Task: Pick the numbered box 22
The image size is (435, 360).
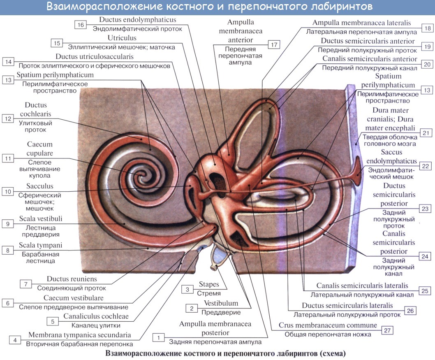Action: (425, 166)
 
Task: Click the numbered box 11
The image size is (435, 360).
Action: (8, 158)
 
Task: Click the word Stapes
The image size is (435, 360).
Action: (209, 285)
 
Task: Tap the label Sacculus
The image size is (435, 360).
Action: (39, 186)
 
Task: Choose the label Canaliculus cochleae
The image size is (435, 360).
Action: (96, 316)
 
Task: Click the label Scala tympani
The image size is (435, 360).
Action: (40, 246)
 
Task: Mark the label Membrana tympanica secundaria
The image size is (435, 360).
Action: (80, 334)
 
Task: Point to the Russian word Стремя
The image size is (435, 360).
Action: (209, 293)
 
